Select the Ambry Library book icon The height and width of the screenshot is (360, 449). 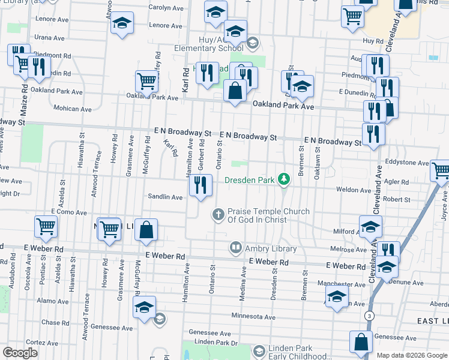236,248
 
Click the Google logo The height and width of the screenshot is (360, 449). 20,352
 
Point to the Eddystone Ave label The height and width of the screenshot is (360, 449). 407,163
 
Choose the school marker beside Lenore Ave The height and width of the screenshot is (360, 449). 122,23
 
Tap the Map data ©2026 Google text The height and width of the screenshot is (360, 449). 412,355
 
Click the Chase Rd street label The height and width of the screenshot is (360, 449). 56,323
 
